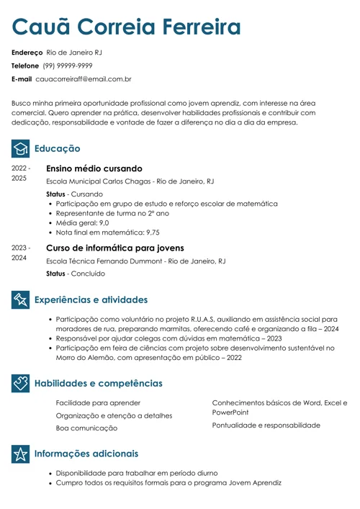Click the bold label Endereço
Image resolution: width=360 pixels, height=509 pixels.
27,53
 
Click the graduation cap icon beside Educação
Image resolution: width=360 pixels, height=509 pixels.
21,148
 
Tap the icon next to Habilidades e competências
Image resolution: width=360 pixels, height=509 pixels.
21,383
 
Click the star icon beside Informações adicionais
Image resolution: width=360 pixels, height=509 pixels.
21,454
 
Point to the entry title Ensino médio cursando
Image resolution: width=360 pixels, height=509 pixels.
94,168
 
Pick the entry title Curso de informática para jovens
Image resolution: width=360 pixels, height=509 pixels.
115,247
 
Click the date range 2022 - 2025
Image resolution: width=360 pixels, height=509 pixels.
20,173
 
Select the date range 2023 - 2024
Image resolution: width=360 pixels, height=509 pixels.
20,252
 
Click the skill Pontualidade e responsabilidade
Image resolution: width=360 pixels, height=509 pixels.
266,425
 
